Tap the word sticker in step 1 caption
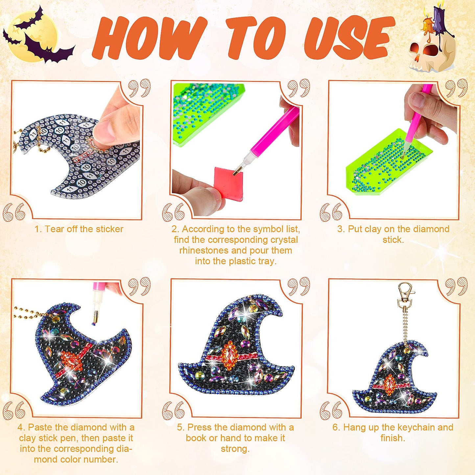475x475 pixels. point(109,229)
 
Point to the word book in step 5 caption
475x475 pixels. point(196,438)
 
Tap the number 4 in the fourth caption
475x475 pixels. point(20,427)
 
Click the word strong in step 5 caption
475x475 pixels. point(235,449)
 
